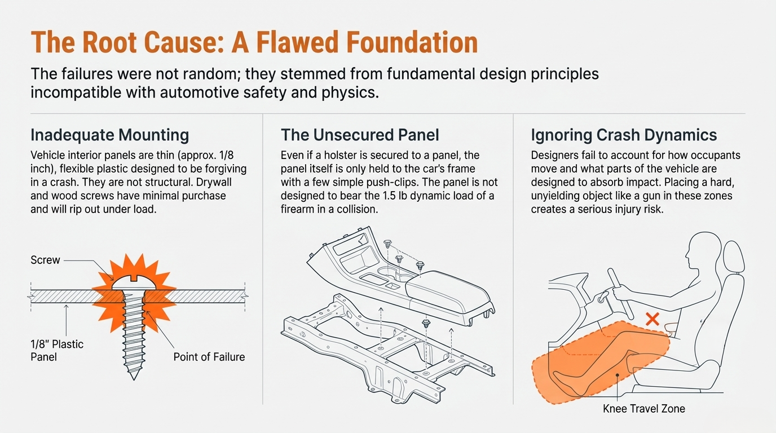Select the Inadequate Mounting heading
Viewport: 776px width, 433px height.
[x=109, y=135]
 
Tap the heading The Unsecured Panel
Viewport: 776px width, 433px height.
[x=360, y=135]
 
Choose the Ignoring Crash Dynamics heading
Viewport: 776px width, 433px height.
[x=624, y=135]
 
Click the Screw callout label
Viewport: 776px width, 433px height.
[x=45, y=260]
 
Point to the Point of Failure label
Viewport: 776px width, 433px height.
[x=209, y=357]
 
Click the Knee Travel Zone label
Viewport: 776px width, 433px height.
[x=643, y=409]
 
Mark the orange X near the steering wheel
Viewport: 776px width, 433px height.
[x=652, y=320]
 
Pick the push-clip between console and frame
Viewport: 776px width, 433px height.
[x=427, y=324]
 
